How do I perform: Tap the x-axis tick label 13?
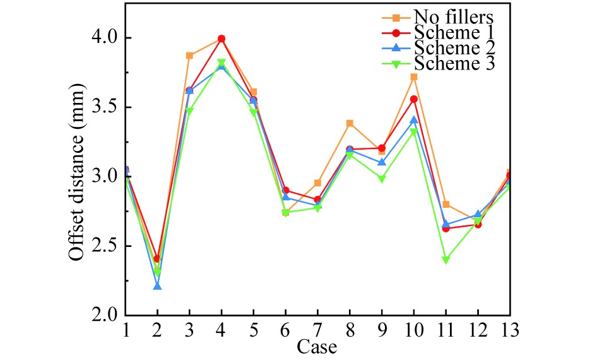point(509,329)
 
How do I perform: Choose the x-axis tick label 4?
point(222,329)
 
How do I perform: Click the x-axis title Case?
point(317,346)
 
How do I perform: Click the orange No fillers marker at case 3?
point(189,56)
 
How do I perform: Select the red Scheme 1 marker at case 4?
point(222,39)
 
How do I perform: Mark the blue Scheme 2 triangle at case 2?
point(157,286)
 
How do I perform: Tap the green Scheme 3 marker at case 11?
point(446,260)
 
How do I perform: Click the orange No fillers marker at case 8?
point(350,123)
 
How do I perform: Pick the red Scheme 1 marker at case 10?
point(413,99)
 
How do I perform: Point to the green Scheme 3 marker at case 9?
point(381,179)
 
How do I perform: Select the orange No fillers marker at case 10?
point(413,77)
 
